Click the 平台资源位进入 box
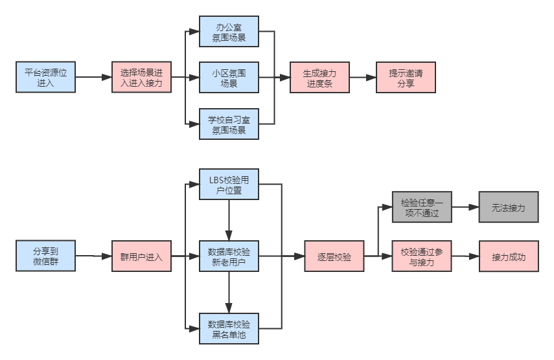[x=45, y=77]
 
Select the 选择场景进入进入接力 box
[x=141, y=77]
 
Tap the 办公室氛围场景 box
[x=229, y=31]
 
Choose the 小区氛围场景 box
[x=229, y=77]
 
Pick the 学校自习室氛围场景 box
[x=229, y=124]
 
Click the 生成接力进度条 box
[x=319, y=77]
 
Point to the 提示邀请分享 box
[x=406, y=77]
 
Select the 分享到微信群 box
[x=45, y=256]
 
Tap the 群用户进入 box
[x=141, y=256]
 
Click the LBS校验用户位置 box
[x=229, y=184]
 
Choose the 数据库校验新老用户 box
[x=229, y=256]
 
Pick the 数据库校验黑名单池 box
[x=229, y=328]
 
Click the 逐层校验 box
[x=334, y=256]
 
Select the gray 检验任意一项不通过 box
[x=421, y=207]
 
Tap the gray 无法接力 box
[x=509, y=207]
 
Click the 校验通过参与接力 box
[x=421, y=256]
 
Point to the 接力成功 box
[x=509, y=256]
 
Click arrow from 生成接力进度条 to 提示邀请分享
[x=363, y=77]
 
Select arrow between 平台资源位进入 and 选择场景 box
[x=93, y=77]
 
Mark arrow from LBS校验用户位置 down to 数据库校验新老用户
[x=229, y=220]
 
